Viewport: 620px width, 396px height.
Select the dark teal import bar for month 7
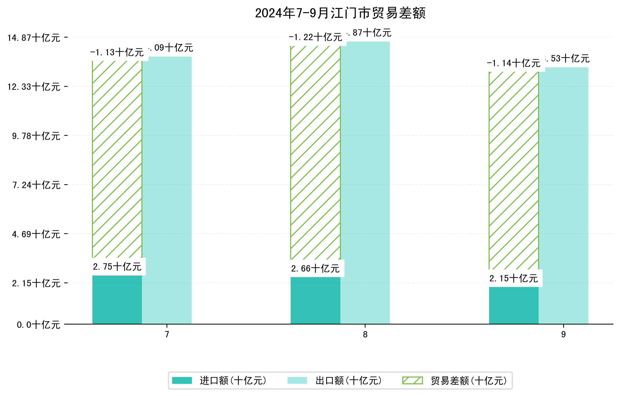117,300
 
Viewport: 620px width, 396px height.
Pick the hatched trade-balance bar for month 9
514,170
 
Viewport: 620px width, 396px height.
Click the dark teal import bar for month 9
514,305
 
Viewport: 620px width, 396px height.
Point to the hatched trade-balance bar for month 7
117,159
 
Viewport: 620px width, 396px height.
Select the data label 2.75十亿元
117,267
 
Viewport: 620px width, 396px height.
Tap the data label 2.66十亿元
316,269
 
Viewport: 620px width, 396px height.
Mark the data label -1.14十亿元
513,63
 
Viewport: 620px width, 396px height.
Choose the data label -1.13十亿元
117,53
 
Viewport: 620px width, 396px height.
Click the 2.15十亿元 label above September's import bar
514,278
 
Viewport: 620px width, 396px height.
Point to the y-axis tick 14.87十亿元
34,38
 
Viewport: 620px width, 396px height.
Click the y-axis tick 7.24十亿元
36,185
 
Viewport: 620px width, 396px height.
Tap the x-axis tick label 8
365,335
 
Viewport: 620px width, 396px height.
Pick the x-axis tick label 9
563,335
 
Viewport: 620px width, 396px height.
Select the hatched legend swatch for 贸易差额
412,381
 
